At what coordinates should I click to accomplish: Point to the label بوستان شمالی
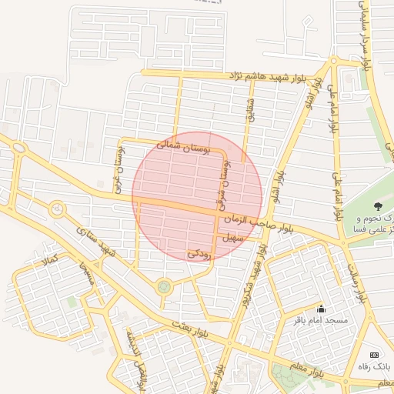pos(182,145)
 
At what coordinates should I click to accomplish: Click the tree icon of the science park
pos(377,205)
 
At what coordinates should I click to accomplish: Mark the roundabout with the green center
pos(163,287)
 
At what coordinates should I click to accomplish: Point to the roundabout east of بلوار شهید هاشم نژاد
pos(333,61)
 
